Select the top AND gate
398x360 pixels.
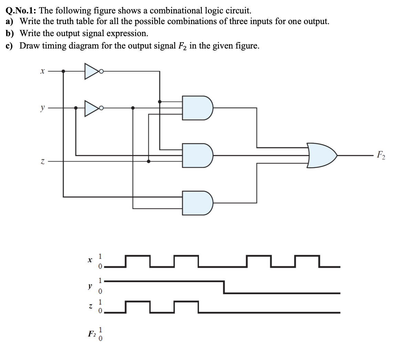click(197, 108)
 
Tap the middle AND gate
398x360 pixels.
click(197, 155)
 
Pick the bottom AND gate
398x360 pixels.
click(197, 203)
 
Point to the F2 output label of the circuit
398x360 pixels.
click(381, 156)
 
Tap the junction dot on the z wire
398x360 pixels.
click(148, 161)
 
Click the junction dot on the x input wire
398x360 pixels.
click(63, 71)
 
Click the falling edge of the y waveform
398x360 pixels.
click(224, 287)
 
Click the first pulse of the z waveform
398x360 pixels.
click(138, 303)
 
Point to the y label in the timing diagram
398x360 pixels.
click(90, 286)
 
